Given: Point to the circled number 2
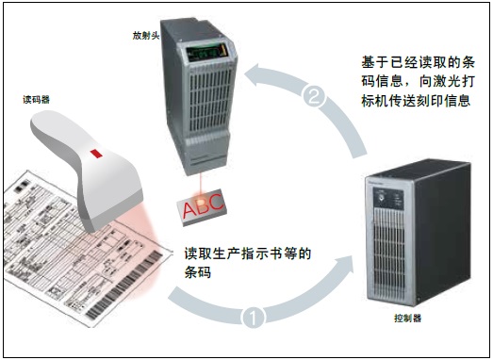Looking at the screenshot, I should [x=317, y=95].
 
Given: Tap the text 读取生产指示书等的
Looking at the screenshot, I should [x=247, y=253].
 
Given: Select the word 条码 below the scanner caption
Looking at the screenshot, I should [x=198, y=272].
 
